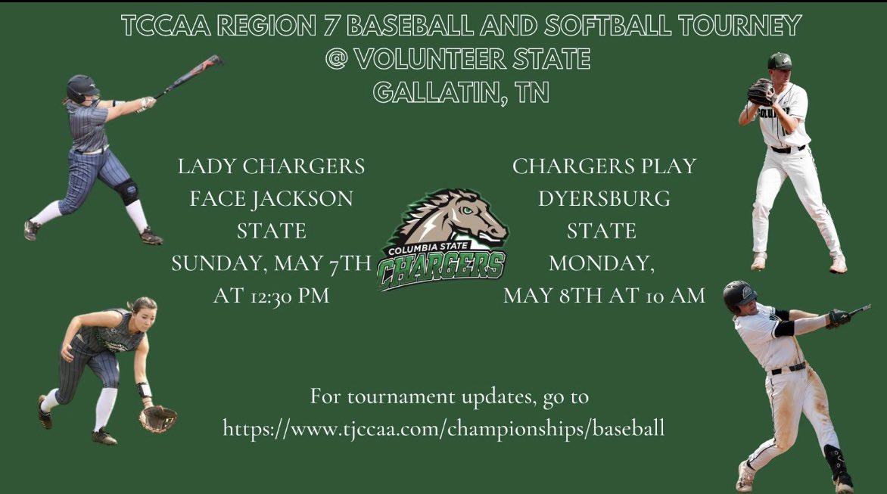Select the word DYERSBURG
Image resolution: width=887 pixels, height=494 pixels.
(x=603, y=198)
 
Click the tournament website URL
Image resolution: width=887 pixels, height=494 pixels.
(x=443, y=428)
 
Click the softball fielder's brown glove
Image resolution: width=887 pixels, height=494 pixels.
(x=157, y=418)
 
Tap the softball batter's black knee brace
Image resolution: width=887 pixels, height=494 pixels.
(x=128, y=191)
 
